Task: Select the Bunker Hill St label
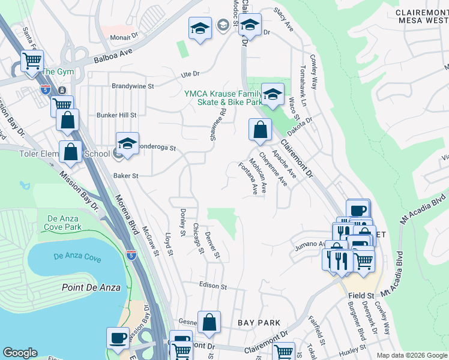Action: [x=116, y=115]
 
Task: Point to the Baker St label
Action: [x=126, y=176]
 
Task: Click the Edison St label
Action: [x=212, y=287]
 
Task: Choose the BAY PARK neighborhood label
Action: [x=259, y=323]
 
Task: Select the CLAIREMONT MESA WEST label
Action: [x=422, y=17]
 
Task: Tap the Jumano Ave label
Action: [x=309, y=244]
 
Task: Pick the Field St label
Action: [x=361, y=296]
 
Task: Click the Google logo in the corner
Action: [x=20, y=353]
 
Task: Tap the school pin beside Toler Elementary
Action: [x=127, y=144]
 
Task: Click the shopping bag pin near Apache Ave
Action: [x=260, y=129]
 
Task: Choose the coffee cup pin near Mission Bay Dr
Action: [x=118, y=337]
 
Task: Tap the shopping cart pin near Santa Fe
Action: [x=32, y=60]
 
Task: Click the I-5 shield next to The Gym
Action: [x=46, y=89]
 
